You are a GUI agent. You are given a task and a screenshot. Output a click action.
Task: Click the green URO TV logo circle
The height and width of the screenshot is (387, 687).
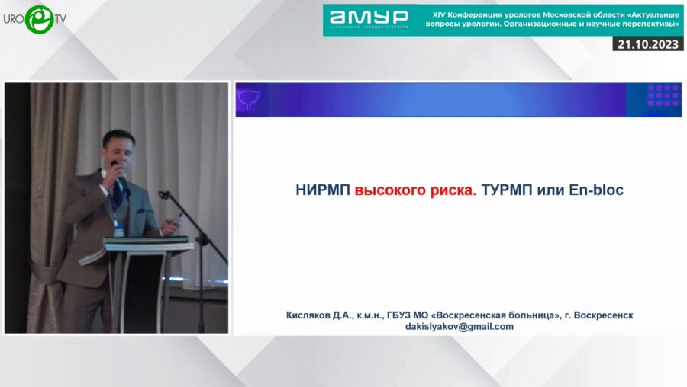click(39, 18)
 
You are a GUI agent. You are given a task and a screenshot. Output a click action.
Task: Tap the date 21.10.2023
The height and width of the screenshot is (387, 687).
click(648, 44)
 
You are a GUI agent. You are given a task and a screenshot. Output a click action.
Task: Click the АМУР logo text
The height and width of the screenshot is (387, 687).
click(369, 16)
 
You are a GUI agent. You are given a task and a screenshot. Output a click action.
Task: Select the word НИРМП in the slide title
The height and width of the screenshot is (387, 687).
click(323, 190)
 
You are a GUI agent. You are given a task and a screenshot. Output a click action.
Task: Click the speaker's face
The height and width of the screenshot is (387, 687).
click(120, 149)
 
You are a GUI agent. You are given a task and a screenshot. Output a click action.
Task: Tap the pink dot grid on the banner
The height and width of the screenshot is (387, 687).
click(663, 96)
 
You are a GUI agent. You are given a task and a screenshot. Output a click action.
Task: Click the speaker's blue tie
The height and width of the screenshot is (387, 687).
click(118, 196)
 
